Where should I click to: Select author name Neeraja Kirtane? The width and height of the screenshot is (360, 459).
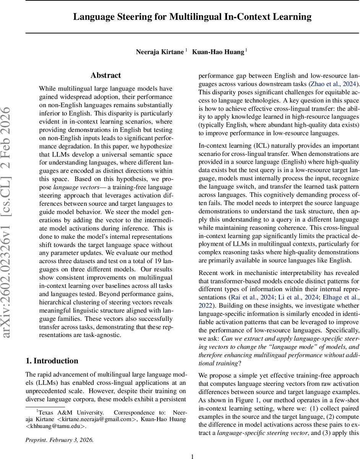click(x=160, y=52)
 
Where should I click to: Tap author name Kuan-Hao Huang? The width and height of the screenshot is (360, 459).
click(x=217, y=52)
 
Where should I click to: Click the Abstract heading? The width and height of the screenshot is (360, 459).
click(x=105, y=75)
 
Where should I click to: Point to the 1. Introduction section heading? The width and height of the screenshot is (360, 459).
click(x=52, y=361)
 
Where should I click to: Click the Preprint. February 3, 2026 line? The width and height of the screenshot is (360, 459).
click(x=59, y=440)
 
